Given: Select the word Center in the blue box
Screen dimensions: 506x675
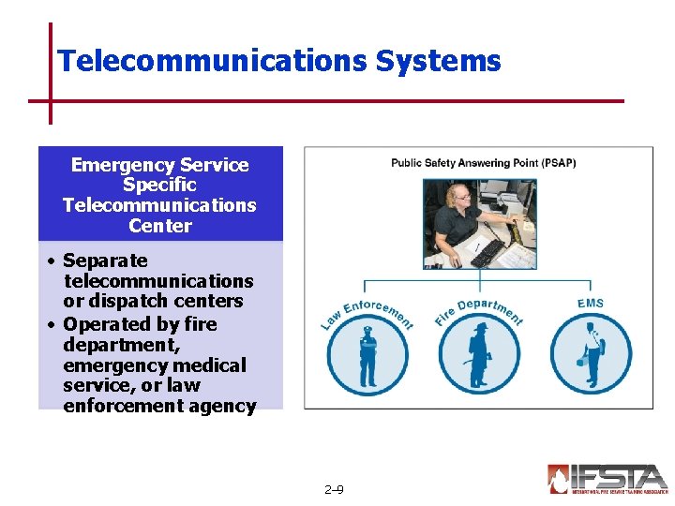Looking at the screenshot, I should coord(159,226).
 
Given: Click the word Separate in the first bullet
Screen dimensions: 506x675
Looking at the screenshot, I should coord(105,260).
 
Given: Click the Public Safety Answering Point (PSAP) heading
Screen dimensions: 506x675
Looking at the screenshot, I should coord(483,163).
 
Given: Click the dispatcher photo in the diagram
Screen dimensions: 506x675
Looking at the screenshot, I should coord(479,223).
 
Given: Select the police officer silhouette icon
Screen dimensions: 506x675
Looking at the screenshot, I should coord(367,356).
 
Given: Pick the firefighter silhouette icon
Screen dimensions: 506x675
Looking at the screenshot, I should coord(478,356).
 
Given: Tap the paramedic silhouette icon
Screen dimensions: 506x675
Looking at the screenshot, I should coord(591,356).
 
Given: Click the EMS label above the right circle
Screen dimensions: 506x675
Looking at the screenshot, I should coord(591,304).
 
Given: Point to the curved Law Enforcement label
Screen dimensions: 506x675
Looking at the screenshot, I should coord(367,313).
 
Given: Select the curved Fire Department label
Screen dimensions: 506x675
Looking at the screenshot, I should coord(478,311).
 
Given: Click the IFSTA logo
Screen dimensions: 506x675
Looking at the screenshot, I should coord(607,479).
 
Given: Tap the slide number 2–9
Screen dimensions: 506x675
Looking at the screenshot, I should coord(333,489).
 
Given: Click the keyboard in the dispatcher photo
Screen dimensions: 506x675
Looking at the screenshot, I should coord(488,251).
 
